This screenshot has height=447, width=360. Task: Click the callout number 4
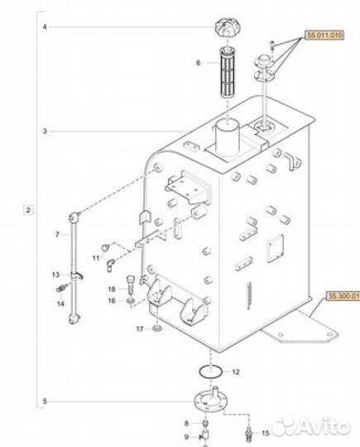click(x=46, y=28)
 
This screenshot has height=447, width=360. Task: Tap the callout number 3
click(x=46, y=132)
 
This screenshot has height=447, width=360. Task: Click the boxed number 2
click(x=28, y=212)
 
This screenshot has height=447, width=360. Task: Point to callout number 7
click(x=56, y=234)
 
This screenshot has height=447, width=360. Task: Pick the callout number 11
click(x=96, y=259)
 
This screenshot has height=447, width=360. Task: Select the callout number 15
click(x=265, y=433)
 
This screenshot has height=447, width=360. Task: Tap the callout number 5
click(x=46, y=403)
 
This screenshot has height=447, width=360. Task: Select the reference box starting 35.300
click(x=342, y=295)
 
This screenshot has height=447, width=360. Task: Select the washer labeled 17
click(x=155, y=329)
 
